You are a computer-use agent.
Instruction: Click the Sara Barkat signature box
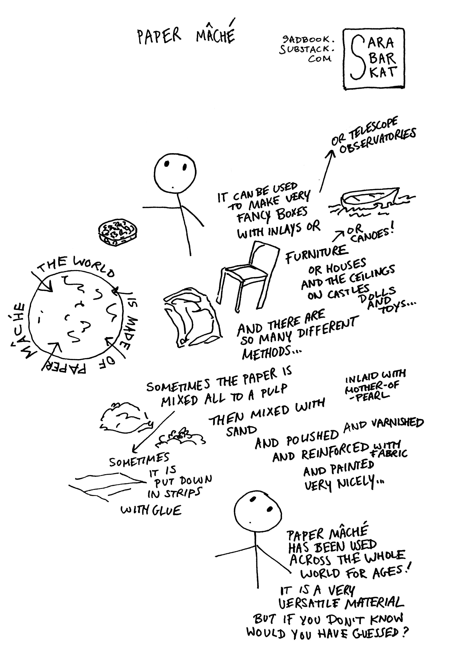pyautogui.click(x=373, y=59)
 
